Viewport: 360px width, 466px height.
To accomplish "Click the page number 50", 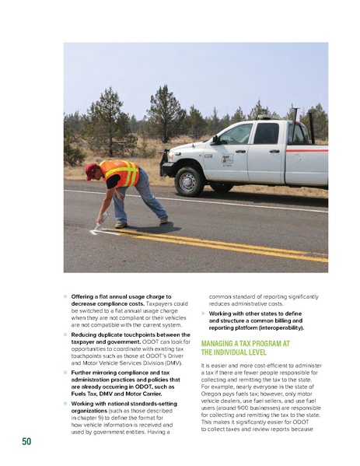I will click(x=26, y=442).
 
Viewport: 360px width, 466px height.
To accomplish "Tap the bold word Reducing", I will click(x=85, y=333).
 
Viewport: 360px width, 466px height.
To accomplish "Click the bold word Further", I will click(x=82, y=373).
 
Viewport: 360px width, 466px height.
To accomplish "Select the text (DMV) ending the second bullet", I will click(x=169, y=363).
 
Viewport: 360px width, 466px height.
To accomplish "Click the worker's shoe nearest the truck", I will click(x=163, y=219).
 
